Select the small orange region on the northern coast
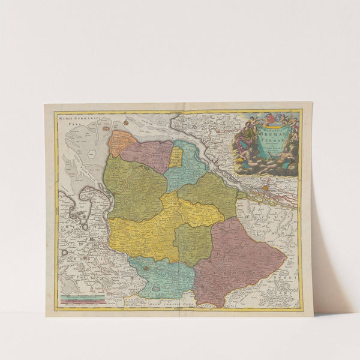click(x=121, y=143)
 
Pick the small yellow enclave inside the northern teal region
click(x=176, y=157)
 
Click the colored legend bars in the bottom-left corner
click(x=82, y=297)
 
